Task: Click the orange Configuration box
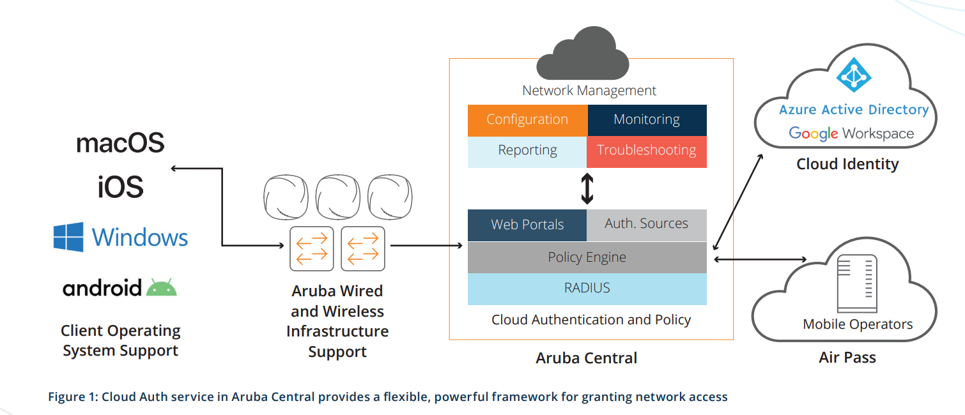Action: tap(527, 120)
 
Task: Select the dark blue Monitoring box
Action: tap(647, 120)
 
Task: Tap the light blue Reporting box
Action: tap(527, 151)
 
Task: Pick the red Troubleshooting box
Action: tap(647, 151)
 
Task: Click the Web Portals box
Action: tap(527, 225)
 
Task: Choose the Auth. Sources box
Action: tap(647, 224)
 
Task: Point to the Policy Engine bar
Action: tap(587, 258)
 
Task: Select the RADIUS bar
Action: tap(587, 289)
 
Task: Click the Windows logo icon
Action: tap(68, 237)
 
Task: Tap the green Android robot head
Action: tap(162, 288)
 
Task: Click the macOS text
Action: tap(120, 142)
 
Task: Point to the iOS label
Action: tap(120, 187)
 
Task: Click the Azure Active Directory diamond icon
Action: tap(854, 75)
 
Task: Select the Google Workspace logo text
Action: tap(851, 133)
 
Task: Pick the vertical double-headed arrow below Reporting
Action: tap(587, 188)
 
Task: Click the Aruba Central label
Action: tap(587, 358)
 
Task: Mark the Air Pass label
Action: tap(847, 357)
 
